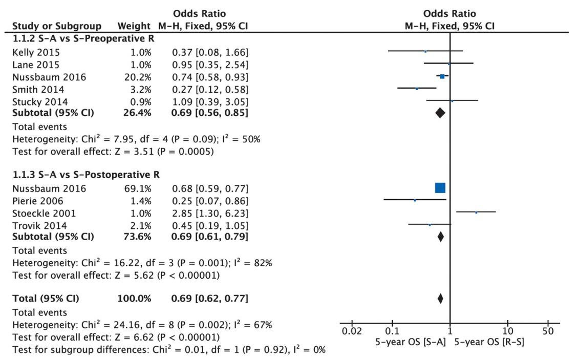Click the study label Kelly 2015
pos(36,52)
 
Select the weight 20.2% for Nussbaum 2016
pos(139,77)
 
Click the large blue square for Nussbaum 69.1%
pos(440,188)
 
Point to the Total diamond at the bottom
pos(440,299)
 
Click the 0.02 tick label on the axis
pos(352,331)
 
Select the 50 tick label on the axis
pos(548,331)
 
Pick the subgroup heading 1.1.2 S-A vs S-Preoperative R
pos(83,39)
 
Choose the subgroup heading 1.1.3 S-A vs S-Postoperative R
pos(86,175)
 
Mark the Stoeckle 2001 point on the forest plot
pos(476,211)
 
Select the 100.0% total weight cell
pos(136,298)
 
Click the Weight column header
pos(134,26)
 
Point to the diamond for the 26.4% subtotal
pos(440,113)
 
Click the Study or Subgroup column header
pos(56,26)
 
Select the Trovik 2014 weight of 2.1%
pos(141,225)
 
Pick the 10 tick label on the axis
pos(507,331)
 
